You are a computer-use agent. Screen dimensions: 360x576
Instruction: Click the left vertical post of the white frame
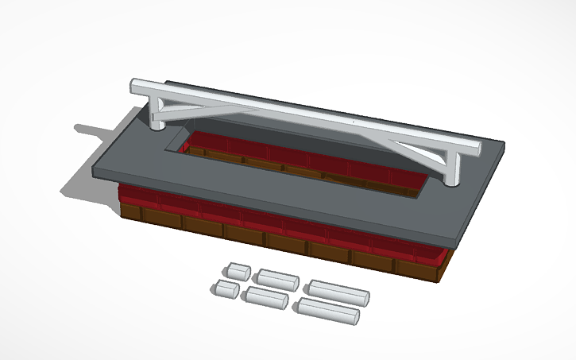tap(156, 114)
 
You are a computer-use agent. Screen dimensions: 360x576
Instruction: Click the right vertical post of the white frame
tap(453, 168)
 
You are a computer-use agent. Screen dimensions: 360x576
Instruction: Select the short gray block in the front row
tap(226, 289)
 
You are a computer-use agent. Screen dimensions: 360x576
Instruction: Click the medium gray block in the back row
tap(276, 280)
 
